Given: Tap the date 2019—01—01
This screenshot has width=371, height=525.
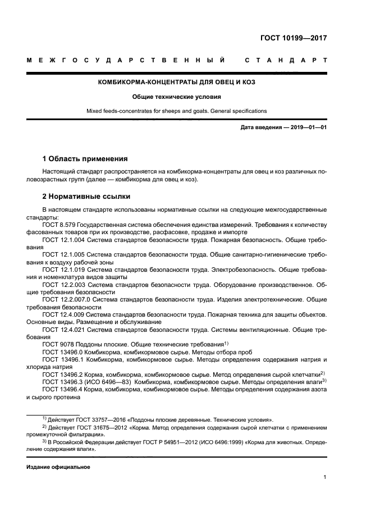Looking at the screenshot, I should pyautogui.click(x=308, y=127).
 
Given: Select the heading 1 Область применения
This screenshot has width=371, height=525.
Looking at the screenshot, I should pyautogui.click(x=85, y=159).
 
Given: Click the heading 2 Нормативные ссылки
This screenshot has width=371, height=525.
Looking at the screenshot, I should pyautogui.click(x=86, y=197).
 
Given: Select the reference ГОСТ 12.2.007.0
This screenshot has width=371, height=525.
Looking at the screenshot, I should pyautogui.click(x=66, y=300).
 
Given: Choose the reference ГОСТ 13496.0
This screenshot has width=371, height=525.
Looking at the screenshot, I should pyautogui.click(x=62, y=352).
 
